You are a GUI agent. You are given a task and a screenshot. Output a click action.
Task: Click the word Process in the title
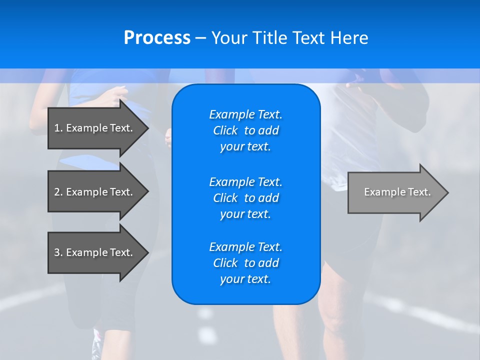coord(157,38)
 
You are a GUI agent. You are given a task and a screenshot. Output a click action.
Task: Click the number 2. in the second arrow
coord(58,192)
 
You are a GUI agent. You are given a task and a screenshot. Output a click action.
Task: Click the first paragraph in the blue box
coord(245,130)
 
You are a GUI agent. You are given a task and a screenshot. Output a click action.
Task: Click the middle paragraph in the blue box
coord(245,198)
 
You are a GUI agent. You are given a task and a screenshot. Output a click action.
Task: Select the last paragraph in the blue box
coord(245,263)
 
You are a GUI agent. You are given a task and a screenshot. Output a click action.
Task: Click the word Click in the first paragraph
coord(225,130)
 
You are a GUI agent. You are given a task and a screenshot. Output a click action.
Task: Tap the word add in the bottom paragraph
coord(269,263)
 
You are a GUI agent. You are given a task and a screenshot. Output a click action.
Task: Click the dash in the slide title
coord(200,38)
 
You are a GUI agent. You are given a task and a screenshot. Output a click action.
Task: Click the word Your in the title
coord(230,38)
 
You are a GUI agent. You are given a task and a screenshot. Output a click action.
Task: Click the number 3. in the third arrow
coord(58,252)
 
